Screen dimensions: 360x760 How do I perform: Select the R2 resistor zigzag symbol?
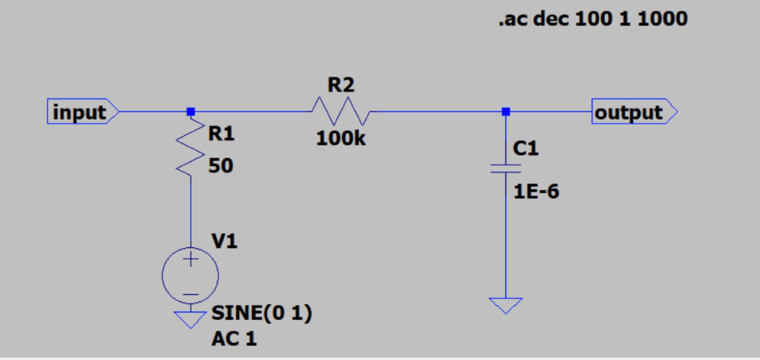[x=341, y=112]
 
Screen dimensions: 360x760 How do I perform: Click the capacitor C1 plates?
[x=505, y=169]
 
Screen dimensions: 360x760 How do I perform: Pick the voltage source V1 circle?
[x=191, y=275]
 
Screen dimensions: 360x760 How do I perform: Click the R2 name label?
[x=341, y=85]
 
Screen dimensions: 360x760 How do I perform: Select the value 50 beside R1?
[x=220, y=166]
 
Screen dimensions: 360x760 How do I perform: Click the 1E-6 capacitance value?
[x=537, y=192]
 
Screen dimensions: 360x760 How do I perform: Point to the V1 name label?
[x=225, y=241]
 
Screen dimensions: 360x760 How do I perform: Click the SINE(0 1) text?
[x=261, y=313]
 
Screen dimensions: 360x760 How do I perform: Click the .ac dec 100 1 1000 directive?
[x=592, y=20]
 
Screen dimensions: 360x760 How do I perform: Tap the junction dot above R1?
[x=191, y=112]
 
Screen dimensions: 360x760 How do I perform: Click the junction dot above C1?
[x=505, y=112]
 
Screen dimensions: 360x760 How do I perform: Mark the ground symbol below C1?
[x=505, y=305]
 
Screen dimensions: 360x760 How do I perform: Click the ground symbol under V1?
[x=191, y=319]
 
